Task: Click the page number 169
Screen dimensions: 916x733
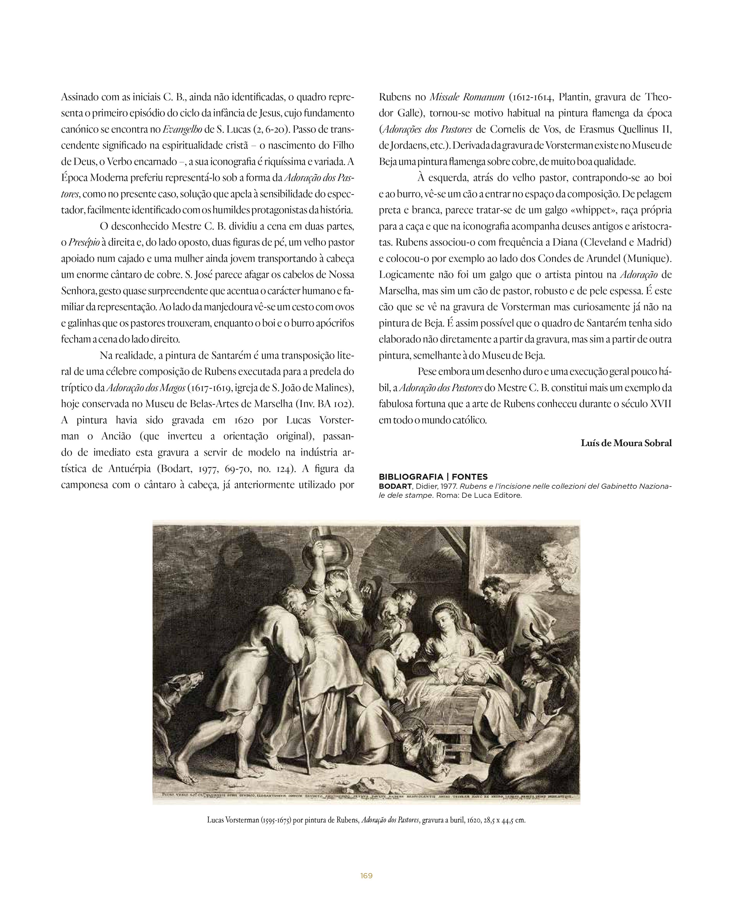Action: pyautogui.click(x=366, y=876)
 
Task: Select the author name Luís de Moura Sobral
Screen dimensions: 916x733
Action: pyautogui.click(x=626, y=443)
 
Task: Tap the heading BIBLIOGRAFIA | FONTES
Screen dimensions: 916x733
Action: pyautogui.click(x=433, y=477)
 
